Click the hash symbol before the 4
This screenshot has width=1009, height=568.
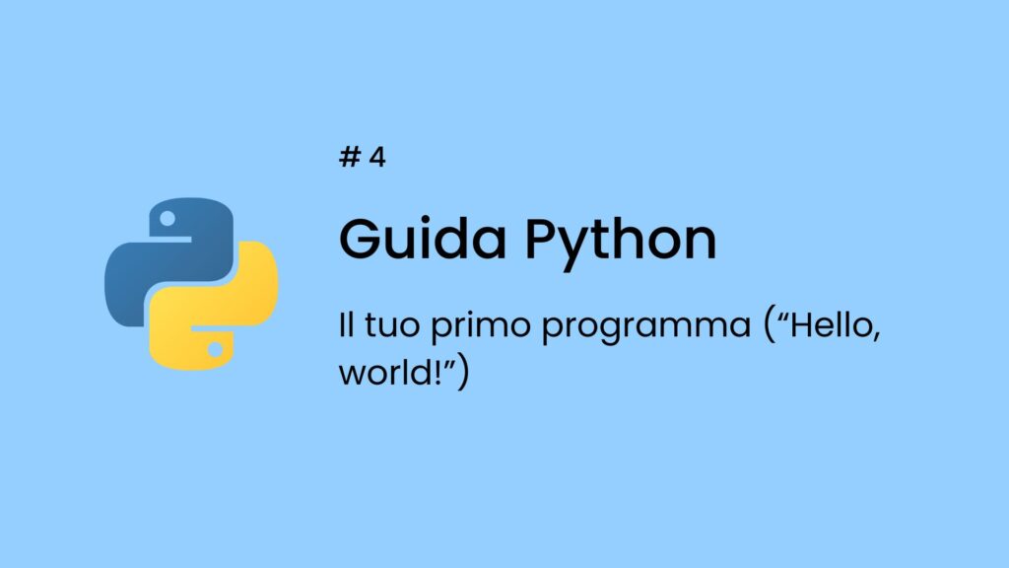click(348, 158)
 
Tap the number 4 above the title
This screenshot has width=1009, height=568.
click(376, 158)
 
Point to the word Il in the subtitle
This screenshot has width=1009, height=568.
click(345, 326)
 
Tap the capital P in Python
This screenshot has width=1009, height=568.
click(543, 238)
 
